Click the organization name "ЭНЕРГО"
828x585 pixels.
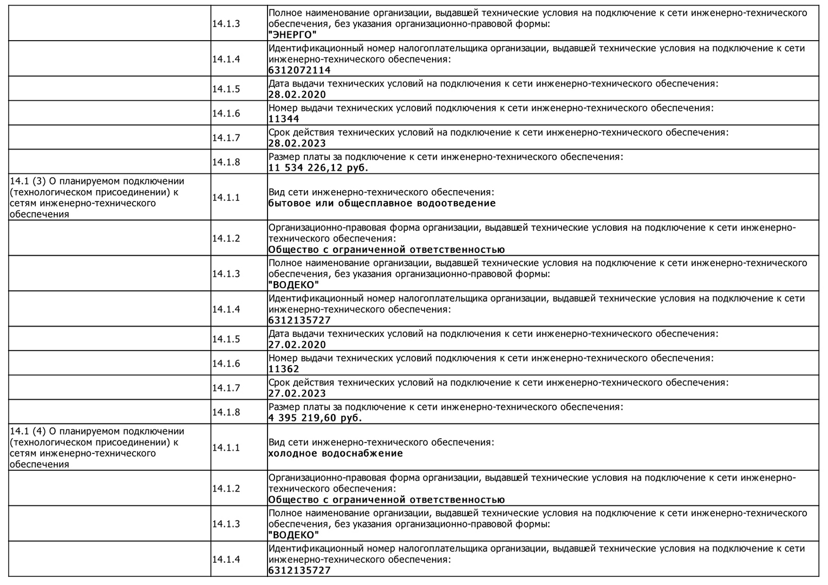pyautogui.click(x=292, y=35)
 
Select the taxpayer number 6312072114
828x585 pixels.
pyautogui.click(x=299, y=70)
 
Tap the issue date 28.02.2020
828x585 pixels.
pyautogui.click(x=297, y=95)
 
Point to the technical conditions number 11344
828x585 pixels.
pyautogui.click(x=284, y=119)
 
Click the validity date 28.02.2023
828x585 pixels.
pyautogui.click(x=297, y=144)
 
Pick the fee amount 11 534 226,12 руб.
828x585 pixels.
pyautogui.click(x=318, y=168)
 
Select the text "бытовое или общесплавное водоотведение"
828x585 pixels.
pyautogui.click(x=382, y=204)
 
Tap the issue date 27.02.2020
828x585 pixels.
pyautogui.click(x=297, y=345)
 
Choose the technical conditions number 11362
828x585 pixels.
pyautogui.click(x=284, y=369)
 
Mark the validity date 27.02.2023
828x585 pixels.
pyautogui.click(x=297, y=394)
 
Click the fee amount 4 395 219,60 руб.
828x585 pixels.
pyautogui.click(x=315, y=418)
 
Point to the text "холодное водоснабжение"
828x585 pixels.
pyautogui.click(x=336, y=453)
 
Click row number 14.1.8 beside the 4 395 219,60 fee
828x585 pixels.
pyautogui.click(x=226, y=412)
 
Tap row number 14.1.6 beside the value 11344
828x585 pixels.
pyautogui.click(x=226, y=113)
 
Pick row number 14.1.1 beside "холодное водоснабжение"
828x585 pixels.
pyautogui.click(x=226, y=447)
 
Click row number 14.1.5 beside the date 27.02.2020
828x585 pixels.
pyautogui.click(x=226, y=339)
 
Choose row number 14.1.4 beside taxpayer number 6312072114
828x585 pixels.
pyautogui.click(x=226, y=59)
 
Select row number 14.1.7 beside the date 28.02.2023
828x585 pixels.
pyautogui.click(x=226, y=138)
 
